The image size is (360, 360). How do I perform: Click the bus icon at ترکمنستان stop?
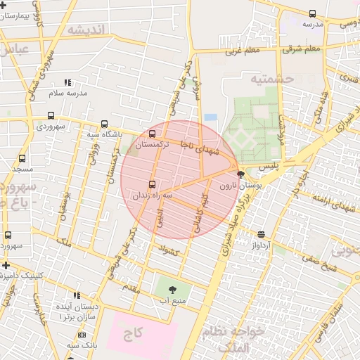point(153,133)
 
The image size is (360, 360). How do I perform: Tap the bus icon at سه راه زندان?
point(153,184)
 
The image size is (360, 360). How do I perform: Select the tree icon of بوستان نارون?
point(240,174)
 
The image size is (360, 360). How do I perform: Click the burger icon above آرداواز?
point(262,234)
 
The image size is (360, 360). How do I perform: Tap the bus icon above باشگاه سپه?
point(104,124)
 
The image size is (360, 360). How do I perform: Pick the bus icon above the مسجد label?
point(22,159)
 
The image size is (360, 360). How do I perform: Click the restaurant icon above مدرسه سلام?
point(67,82)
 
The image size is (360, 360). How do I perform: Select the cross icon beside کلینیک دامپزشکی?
point(6,265)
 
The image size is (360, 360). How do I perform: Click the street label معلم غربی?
point(243,51)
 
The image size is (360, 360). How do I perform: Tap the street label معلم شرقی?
point(302,49)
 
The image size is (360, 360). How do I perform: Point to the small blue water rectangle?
point(211,117)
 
